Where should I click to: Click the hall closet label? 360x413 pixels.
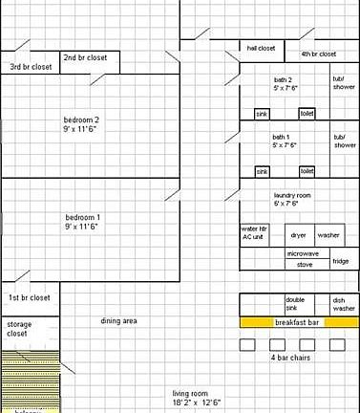coord(261,47)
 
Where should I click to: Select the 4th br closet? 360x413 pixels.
coord(319,54)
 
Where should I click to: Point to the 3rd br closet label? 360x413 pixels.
coord(32,67)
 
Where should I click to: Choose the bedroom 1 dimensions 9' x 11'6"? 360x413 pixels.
coord(81,227)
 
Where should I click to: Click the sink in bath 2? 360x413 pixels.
coord(262,113)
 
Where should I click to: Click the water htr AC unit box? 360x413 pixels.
coord(254,233)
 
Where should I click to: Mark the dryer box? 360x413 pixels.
coord(299,234)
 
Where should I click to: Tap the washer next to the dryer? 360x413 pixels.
coord(328,234)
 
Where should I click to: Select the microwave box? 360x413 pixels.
coord(305,253)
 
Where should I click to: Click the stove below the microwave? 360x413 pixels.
coord(305,264)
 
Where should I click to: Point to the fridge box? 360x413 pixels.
coord(341,261)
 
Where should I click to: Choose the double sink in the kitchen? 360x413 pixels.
coord(295,304)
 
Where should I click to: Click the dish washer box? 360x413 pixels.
coord(344,304)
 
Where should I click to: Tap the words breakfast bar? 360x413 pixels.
coord(296,323)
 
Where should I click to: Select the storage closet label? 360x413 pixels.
coord(19,329)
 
